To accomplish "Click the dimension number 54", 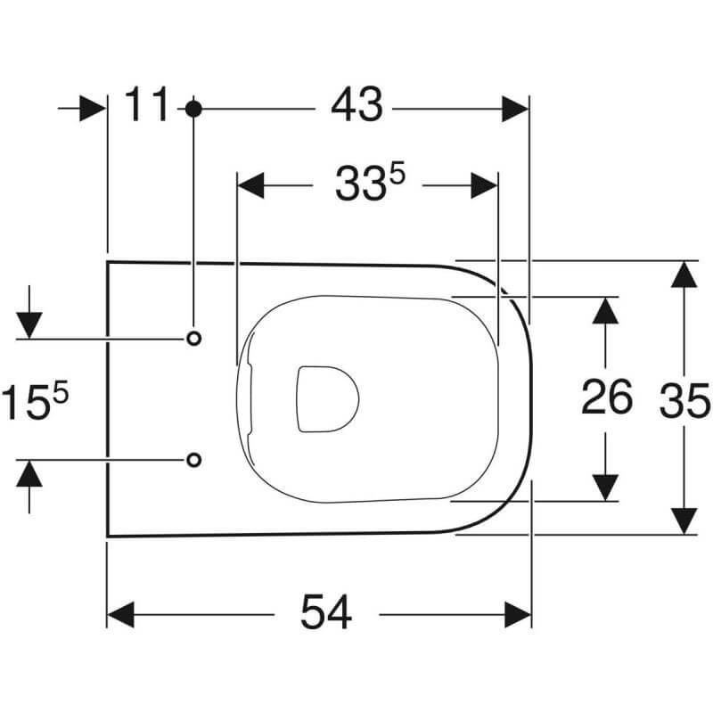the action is pos(326,612).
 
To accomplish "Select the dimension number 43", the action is pos(357,105).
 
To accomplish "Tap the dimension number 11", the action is pos(146,104).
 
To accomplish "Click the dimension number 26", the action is pos(607,397).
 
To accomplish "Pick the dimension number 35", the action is pos(684,400).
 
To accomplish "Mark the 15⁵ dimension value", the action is pos(35,400).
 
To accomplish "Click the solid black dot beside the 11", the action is pos(193,109).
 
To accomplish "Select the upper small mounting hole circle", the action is pos(194,339).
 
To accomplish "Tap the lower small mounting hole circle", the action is pos(194,460).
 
